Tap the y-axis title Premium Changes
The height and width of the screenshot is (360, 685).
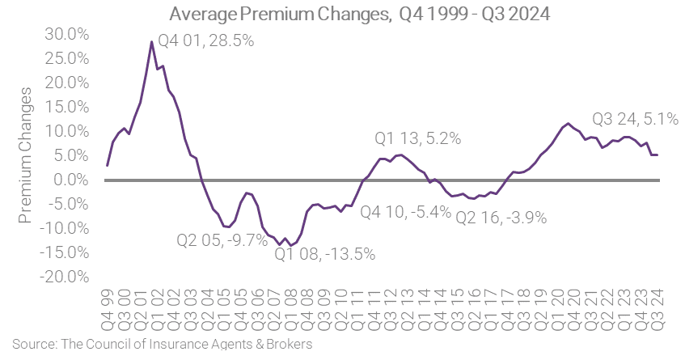point(25,162)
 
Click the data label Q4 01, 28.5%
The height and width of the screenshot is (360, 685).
point(206,41)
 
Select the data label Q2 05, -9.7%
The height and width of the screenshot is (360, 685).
point(222,240)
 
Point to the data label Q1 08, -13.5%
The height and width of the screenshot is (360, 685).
point(324,254)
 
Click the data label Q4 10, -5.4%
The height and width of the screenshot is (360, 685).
point(404,212)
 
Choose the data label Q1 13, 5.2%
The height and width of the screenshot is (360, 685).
point(417,138)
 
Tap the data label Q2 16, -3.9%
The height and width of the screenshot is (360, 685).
point(501,217)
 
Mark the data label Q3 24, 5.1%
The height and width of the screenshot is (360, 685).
point(635,120)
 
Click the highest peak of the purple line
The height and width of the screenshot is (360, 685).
point(151,41)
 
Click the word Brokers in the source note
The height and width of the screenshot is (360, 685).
point(289,343)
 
